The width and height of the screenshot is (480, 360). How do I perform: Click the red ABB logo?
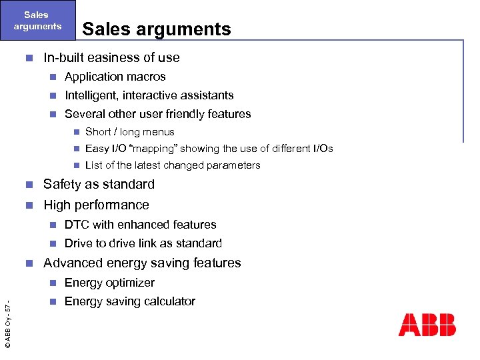click(x=427, y=325)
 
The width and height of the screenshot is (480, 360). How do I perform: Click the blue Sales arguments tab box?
click(x=37, y=21)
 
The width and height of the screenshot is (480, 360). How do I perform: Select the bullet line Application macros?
click(x=115, y=77)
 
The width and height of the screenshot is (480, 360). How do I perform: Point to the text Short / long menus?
click(x=130, y=132)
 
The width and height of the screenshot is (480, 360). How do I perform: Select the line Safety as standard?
click(x=99, y=185)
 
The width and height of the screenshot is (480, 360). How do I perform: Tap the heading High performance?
click(x=96, y=205)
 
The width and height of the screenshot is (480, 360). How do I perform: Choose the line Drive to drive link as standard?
click(x=143, y=243)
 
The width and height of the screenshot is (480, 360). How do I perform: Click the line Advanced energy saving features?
click(x=142, y=263)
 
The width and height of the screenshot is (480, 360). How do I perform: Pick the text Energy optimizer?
click(x=109, y=283)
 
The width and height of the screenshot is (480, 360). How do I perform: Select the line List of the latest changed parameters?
click(x=173, y=165)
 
